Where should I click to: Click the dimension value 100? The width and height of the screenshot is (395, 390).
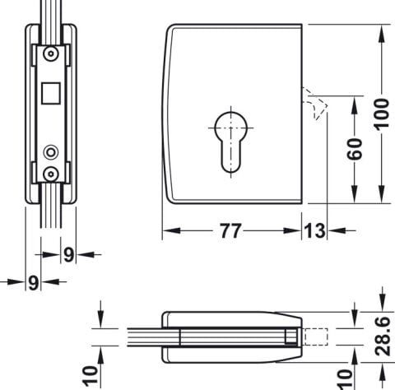point(382,114)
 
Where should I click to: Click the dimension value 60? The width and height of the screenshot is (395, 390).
point(355,149)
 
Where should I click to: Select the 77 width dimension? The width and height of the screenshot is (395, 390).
point(231,231)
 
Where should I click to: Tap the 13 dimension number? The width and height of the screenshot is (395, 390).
point(314,231)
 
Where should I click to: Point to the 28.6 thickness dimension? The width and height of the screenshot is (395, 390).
point(383,337)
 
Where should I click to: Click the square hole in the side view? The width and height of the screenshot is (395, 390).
point(51,93)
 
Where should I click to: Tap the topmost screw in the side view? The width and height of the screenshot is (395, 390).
point(51,53)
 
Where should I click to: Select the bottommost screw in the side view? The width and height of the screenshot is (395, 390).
point(51,174)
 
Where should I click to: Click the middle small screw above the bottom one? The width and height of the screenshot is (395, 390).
point(51,152)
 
